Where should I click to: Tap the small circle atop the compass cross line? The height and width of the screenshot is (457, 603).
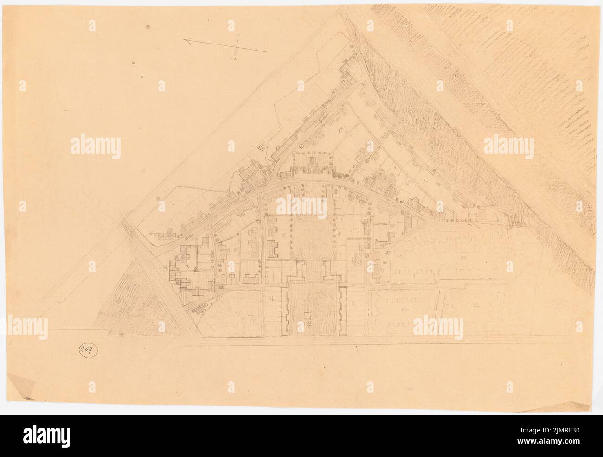pos(238,35)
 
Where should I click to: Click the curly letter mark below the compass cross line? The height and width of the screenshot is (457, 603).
pos(235,57)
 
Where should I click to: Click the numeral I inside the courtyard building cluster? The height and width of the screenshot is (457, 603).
pos(188,268)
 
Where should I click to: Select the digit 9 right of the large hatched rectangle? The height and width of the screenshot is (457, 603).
pos(353,303)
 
